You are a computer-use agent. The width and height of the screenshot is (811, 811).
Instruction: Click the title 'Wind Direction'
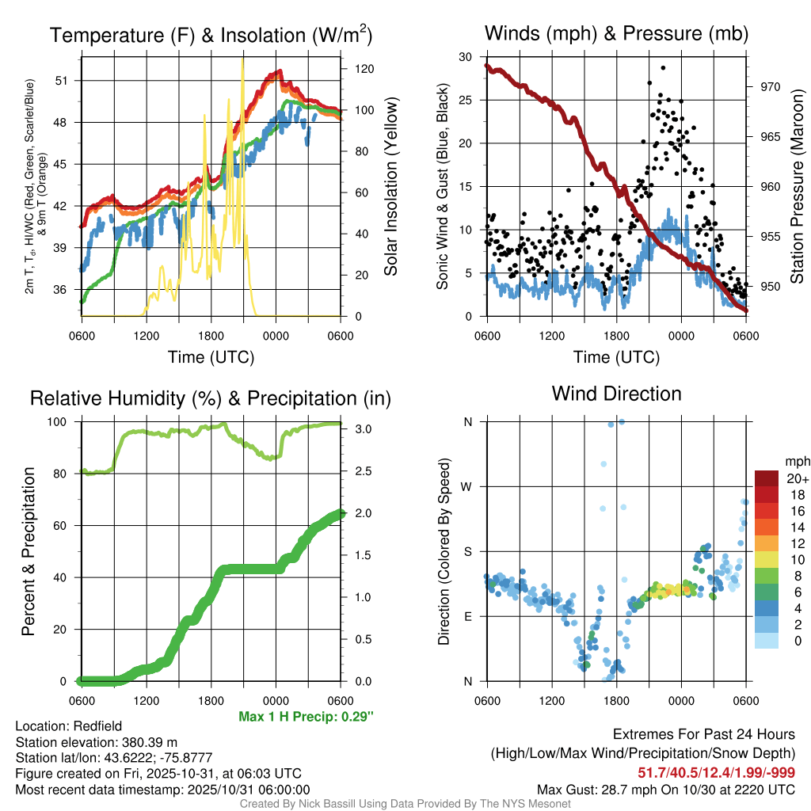click(x=616, y=394)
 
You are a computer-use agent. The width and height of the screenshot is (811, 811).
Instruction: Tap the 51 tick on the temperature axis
click(x=70, y=81)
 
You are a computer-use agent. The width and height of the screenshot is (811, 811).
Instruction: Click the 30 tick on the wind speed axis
click(x=466, y=57)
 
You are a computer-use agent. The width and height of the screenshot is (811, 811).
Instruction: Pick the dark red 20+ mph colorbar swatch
click(x=767, y=478)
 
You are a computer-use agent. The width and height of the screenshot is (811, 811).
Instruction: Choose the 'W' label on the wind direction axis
click(x=467, y=486)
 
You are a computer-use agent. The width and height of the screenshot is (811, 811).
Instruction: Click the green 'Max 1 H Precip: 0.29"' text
click(x=306, y=717)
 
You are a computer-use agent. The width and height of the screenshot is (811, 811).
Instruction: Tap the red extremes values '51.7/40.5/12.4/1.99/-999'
click(x=717, y=773)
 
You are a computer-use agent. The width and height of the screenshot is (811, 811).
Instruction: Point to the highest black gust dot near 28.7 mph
click(x=662, y=68)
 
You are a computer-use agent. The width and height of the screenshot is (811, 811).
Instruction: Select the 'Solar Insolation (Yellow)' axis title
click(x=390, y=186)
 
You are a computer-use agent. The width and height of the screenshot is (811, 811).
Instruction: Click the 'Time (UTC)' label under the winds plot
click(x=616, y=357)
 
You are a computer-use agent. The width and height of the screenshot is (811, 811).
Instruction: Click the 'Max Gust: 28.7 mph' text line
click(x=666, y=789)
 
